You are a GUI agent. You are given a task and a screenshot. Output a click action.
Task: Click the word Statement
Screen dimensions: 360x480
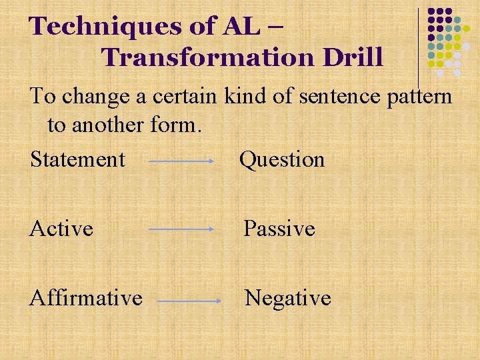coord(77,160)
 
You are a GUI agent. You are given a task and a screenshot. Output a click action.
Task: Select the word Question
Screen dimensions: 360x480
coord(282,160)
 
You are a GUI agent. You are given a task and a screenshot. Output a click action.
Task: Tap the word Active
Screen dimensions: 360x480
coord(61,229)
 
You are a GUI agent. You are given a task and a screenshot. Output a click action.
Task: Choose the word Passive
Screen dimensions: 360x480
coord(279,229)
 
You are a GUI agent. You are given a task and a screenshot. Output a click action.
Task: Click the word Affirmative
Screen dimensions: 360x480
coord(86,297)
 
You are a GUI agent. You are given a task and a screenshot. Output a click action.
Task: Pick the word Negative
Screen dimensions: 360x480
coord(288,297)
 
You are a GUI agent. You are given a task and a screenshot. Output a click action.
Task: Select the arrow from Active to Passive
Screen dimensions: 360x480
coord(180,229)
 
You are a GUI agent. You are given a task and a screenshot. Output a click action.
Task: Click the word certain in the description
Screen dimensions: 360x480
coord(185,97)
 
